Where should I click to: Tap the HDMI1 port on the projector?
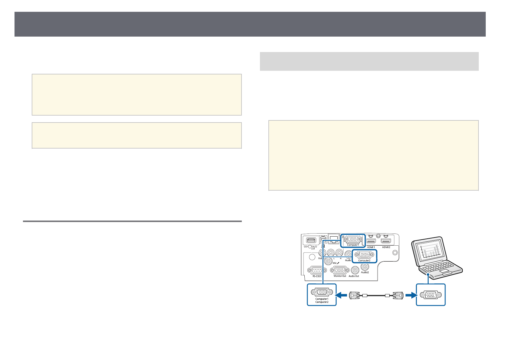371,241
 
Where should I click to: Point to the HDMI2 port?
385,241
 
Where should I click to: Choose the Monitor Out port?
340,270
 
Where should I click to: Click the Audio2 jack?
365,267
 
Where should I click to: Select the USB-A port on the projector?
311,240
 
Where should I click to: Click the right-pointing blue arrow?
410,295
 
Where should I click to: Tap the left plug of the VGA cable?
354,295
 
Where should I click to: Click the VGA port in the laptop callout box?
430,295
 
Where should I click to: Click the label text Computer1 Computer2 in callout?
322,300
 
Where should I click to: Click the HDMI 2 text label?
386,247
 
